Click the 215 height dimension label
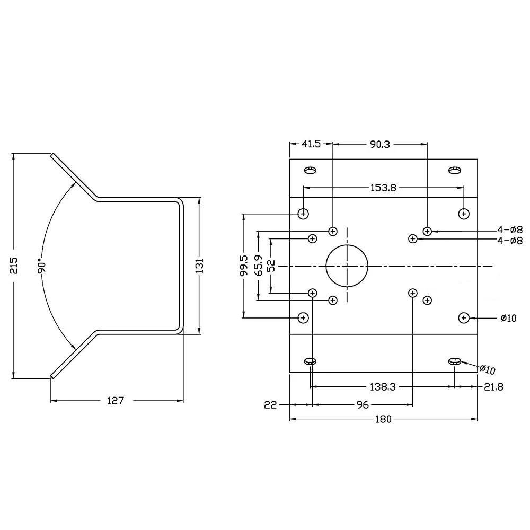coord(14,266)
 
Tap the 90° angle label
coord(42,266)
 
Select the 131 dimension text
coord(200,266)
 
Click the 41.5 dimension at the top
coord(311,144)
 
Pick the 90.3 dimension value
coord(380,144)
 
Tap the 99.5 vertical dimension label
coord(244,266)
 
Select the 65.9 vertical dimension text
coord(258,266)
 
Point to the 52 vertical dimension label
coord(271,266)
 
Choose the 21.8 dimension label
coord(493,387)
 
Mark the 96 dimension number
coord(362,405)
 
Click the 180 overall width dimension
coord(383,419)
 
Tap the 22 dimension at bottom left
coord(270,405)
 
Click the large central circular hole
coord(347,266)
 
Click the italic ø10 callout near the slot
coord(487,369)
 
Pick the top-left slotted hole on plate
coord(310,170)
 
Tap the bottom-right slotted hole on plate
coord(455,361)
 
